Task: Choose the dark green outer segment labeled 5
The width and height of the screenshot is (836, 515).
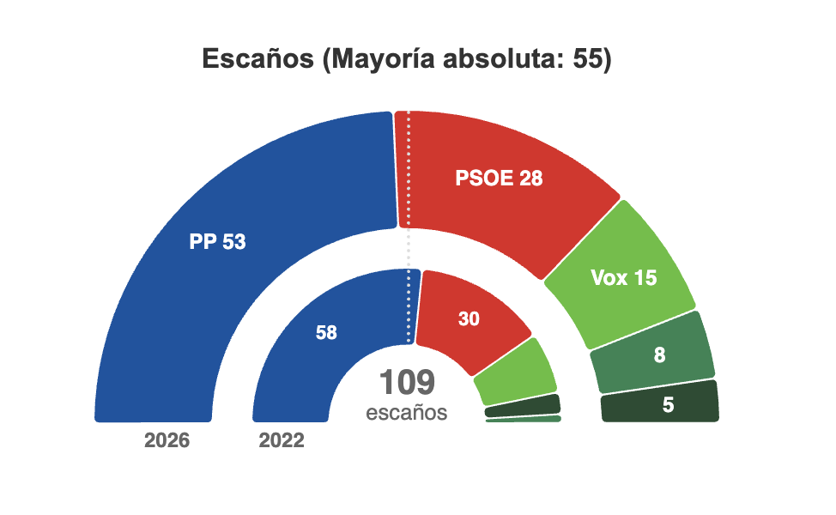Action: click(660, 403)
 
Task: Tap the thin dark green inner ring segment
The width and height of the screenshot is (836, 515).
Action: click(523, 406)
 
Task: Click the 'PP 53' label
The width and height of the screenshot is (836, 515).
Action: click(217, 242)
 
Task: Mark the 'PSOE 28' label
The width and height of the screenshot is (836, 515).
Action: click(499, 178)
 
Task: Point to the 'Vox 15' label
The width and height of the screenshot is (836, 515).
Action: click(624, 278)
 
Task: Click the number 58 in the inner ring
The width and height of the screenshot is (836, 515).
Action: click(326, 333)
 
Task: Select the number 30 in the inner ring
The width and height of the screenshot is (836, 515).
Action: click(469, 318)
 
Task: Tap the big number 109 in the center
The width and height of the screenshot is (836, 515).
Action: click(408, 382)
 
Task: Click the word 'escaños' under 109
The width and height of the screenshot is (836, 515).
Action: click(407, 413)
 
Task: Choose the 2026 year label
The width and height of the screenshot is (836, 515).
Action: click(167, 440)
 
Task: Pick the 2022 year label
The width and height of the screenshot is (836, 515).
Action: click(282, 440)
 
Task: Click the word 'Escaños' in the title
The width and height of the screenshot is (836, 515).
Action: click(258, 58)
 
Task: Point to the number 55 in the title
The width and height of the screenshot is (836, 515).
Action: click(588, 58)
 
